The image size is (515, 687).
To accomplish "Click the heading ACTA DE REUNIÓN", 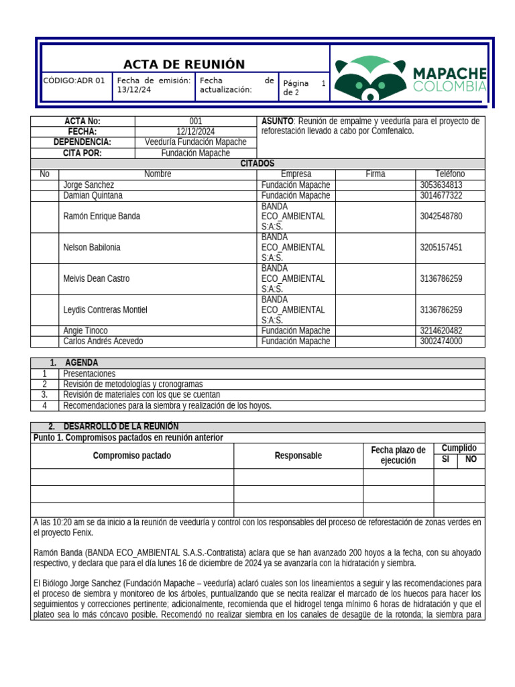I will (x=184, y=64).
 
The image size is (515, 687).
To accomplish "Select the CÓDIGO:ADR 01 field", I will (x=74, y=81).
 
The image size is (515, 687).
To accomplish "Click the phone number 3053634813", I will (x=441, y=184).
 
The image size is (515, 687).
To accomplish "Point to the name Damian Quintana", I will (x=93, y=195).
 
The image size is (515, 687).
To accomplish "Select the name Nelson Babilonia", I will (x=92, y=248).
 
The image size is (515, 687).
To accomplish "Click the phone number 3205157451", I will (x=441, y=248).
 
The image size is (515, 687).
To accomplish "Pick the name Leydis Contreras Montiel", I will (x=105, y=310).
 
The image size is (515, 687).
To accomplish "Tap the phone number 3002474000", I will (x=441, y=341).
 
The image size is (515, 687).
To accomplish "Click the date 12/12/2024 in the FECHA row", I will (x=196, y=131).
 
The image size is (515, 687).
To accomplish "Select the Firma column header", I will (x=375, y=174).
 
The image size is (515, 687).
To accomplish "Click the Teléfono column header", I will (x=449, y=174).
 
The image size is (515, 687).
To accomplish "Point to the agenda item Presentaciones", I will (x=89, y=374).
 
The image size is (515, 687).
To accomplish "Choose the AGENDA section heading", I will (x=81, y=363).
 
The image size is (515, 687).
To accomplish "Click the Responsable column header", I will (x=298, y=456).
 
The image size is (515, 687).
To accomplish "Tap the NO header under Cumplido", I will (x=471, y=460).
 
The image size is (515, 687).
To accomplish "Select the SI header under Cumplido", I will (x=445, y=460).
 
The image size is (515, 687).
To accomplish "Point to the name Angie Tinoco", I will (x=85, y=331).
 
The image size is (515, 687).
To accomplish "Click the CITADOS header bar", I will (x=257, y=164).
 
